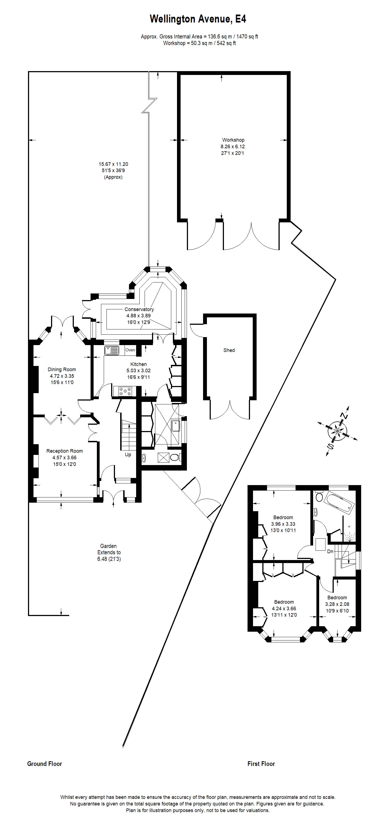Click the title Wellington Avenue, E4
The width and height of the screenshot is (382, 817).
tap(198, 19)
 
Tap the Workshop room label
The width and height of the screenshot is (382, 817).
tap(233, 140)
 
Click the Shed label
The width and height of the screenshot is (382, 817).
tap(229, 350)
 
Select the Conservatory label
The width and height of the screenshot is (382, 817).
tap(139, 309)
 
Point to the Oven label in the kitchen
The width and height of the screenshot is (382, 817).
tap(130, 350)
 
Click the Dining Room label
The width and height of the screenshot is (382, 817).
tap(62, 370)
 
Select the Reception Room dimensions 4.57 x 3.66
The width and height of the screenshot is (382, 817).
tap(64, 458)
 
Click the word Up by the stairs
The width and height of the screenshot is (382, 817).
tap(128, 455)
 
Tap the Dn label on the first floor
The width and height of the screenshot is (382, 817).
tap(330, 552)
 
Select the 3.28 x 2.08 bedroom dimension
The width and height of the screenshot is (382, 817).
tap(337, 604)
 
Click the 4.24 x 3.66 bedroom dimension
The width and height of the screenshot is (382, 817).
tap(284, 609)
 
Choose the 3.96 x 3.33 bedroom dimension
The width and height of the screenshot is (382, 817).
tap(283, 524)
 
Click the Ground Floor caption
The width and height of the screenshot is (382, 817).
tap(44, 764)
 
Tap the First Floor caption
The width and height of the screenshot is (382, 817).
tap(261, 764)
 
